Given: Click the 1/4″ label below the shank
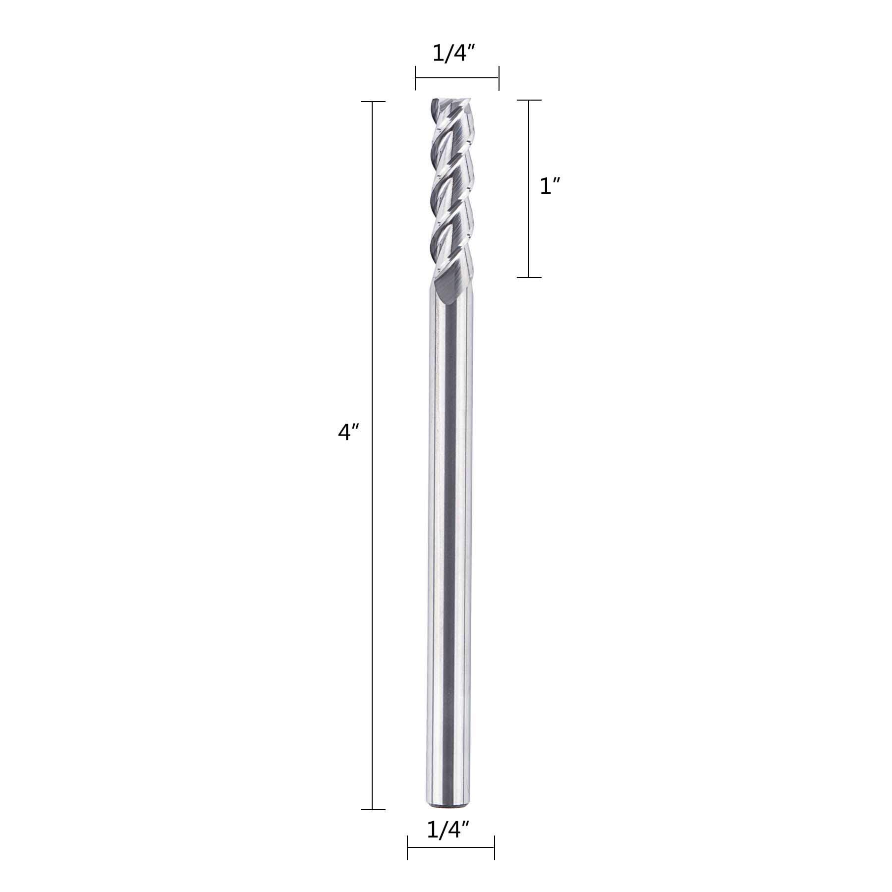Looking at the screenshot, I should [448, 830].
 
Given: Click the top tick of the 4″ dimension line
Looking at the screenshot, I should [373, 102].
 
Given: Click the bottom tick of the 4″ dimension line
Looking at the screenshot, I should [373, 810].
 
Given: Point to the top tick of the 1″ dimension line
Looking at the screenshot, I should [529, 100].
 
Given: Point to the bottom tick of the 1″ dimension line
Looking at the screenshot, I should [529, 277].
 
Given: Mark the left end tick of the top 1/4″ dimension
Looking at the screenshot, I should [415, 78].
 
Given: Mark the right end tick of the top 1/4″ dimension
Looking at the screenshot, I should [499, 78].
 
